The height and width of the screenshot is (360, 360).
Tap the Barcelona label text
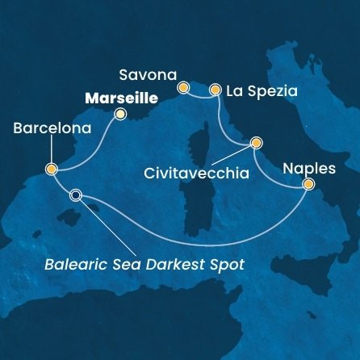[47, 128]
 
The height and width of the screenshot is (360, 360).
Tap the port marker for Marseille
[120, 114]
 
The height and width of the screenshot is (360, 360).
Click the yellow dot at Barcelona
[51, 170]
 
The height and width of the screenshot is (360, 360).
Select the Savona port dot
[183, 86]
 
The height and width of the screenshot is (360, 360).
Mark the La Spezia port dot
[216, 90]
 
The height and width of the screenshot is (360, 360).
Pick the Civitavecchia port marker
[257, 143]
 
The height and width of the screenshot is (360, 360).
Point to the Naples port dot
[308, 184]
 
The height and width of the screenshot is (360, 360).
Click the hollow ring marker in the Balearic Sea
[76, 195]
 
